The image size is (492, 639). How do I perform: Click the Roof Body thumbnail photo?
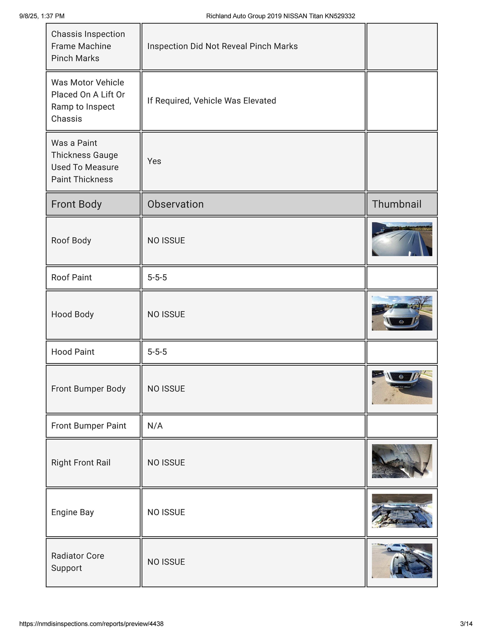click(x=402, y=239)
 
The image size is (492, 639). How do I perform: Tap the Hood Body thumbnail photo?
click(x=402, y=313)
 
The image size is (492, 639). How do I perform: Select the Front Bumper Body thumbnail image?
click(x=402, y=387)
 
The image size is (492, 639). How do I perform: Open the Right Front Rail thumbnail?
click(x=402, y=461)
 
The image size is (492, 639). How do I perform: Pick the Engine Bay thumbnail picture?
click(x=402, y=511)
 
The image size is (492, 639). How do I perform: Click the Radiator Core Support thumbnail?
click(x=402, y=561)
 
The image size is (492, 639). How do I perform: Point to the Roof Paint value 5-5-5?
click(x=157, y=277)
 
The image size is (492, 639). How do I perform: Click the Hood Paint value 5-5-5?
click(x=157, y=352)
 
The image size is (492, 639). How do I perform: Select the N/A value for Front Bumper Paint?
click(x=155, y=426)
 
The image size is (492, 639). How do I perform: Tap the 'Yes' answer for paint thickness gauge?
click(x=154, y=161)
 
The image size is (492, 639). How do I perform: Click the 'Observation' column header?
click(x=175, y=204)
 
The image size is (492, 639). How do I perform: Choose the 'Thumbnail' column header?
click(x=397, y=204)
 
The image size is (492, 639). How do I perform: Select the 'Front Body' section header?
click(x=76, y=204)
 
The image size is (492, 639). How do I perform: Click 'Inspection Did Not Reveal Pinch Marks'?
click(x=222, y=46)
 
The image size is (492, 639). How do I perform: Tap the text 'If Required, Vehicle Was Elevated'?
click(x=211, y=101)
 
